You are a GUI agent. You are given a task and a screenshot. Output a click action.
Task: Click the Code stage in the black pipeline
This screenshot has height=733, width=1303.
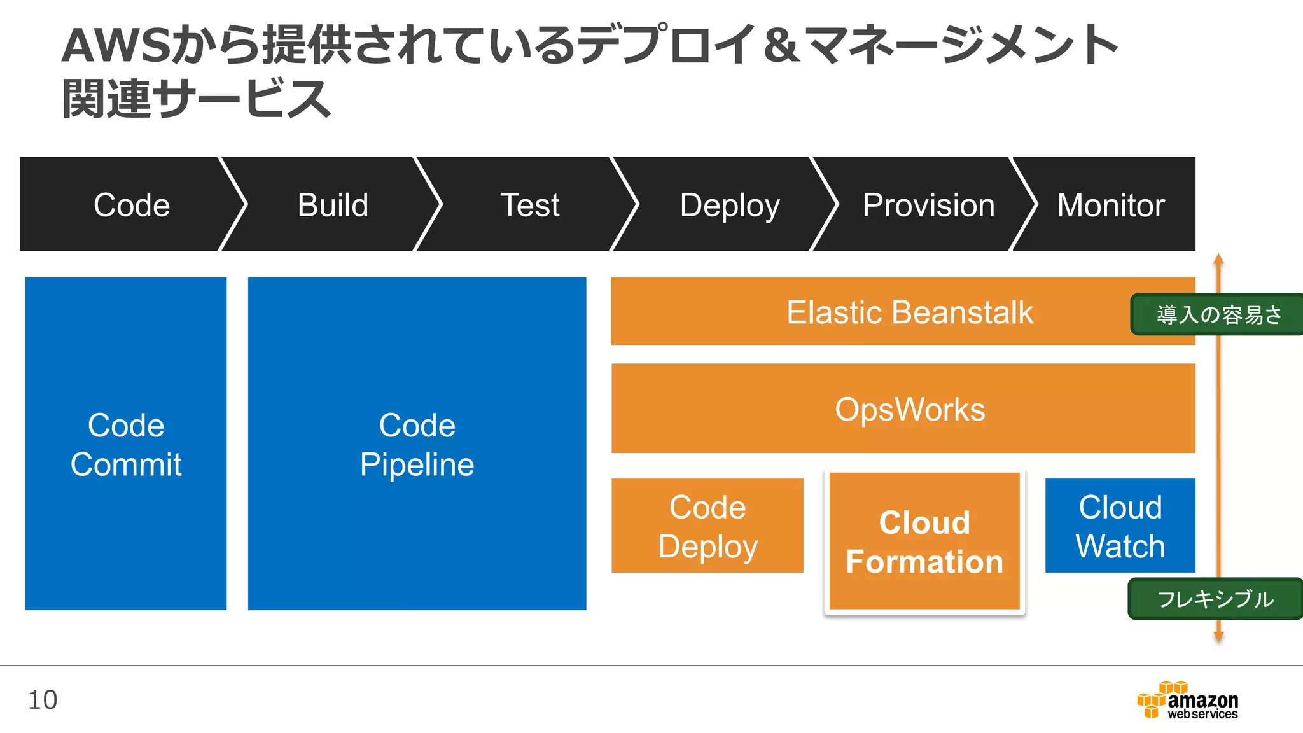[132, 205]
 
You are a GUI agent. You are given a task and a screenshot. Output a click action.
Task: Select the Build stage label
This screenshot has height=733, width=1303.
[333, 205]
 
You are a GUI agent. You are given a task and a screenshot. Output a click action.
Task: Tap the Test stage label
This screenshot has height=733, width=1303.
[530, 205]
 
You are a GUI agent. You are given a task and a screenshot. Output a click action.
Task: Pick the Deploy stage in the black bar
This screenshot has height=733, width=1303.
[730, 205]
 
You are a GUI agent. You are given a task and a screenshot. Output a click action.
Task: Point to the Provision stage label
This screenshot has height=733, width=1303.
[928, 205]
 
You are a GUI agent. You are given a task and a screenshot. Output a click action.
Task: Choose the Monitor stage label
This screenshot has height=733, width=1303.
[1110, 205]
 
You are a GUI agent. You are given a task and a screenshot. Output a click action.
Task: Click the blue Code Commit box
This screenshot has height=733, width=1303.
[126, 443]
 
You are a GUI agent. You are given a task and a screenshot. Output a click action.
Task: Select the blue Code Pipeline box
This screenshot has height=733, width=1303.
[417, 443]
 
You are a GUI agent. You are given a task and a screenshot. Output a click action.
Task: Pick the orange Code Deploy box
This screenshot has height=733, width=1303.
[707, 526]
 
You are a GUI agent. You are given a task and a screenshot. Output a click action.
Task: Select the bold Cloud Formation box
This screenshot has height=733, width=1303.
[924, 541]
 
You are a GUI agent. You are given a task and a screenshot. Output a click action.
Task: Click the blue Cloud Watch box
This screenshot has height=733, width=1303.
[1120, 526]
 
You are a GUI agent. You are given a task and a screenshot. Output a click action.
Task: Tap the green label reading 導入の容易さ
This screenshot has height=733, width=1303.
[1218, 314]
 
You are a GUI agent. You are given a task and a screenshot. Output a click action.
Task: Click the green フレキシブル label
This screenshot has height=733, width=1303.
[1215, 599]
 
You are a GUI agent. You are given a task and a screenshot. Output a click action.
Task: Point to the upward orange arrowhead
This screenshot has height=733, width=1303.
[1218, 259]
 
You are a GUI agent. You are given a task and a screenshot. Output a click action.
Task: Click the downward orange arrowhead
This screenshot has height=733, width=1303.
[1218, 636]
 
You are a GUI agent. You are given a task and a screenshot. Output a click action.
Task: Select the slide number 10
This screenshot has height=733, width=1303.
[43, 700]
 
